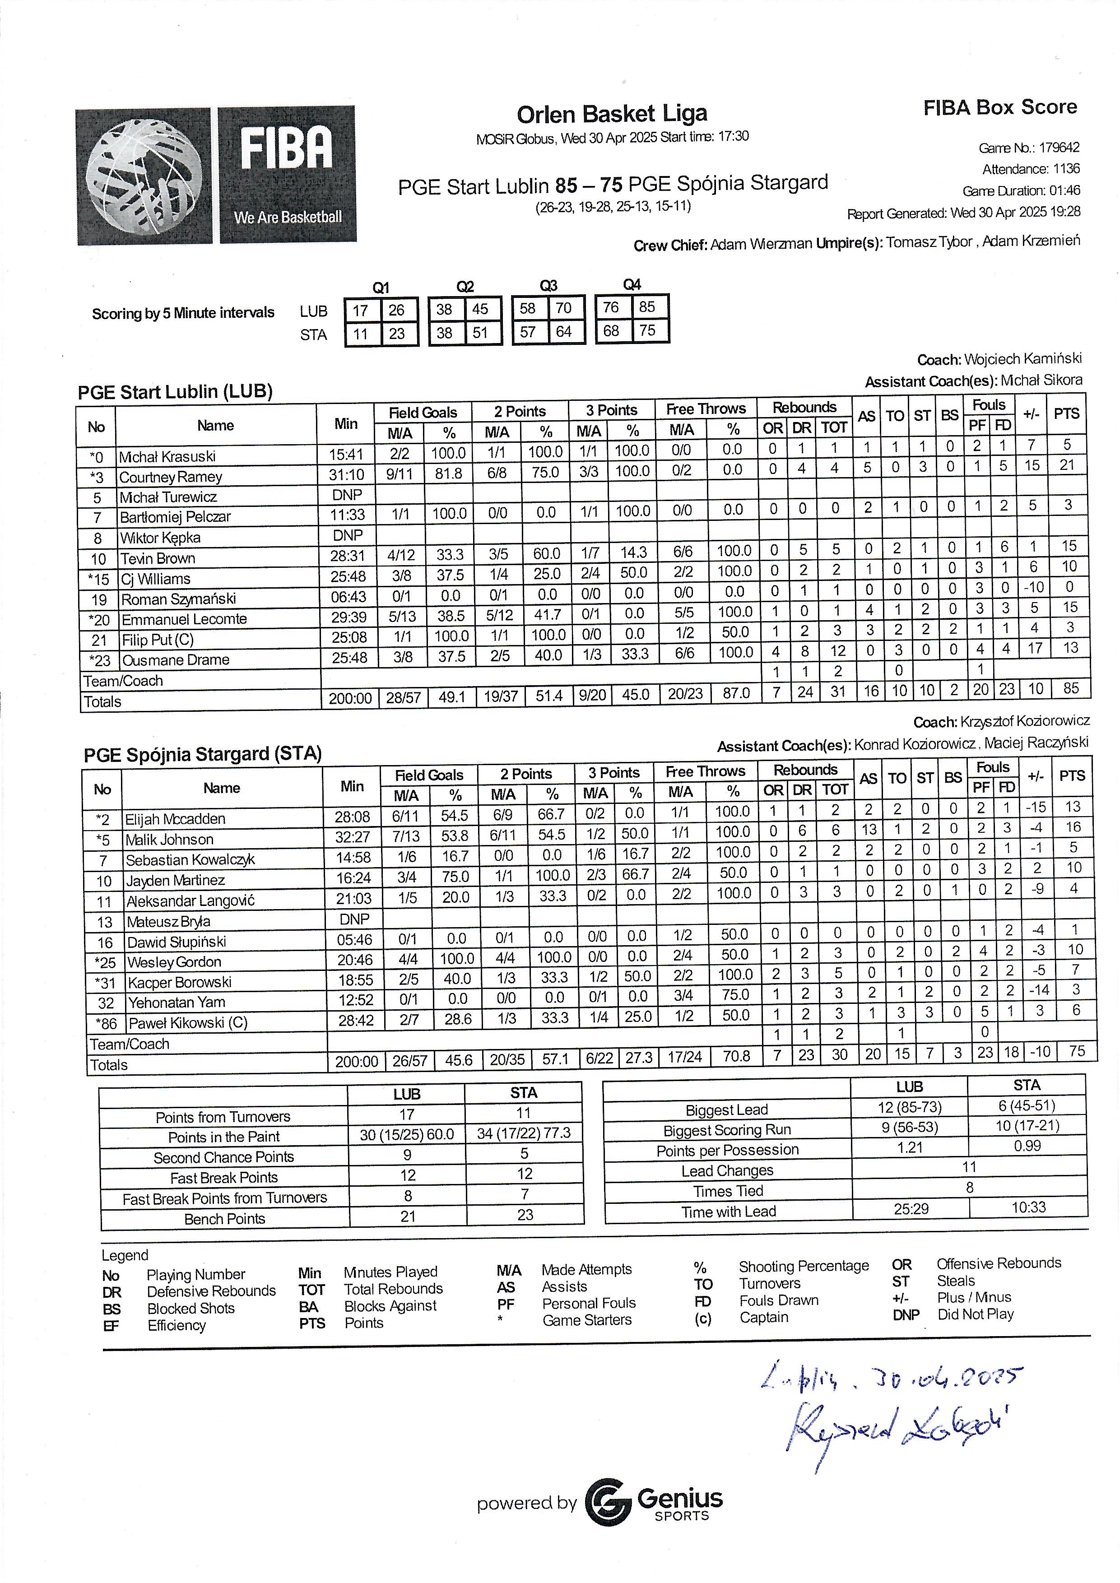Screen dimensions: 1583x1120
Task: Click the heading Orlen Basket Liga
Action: point(612,114)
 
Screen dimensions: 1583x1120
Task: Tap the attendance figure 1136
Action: point(1066,169)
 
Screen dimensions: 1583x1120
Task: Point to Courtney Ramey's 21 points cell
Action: point(1067,465)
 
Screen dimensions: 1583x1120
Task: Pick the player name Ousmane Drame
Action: point(176,660)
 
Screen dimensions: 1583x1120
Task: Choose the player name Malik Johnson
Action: point(170,840)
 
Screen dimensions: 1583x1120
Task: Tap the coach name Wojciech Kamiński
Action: point(1023,358)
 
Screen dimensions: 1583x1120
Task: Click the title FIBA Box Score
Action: point(999,107)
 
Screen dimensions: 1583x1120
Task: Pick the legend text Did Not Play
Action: point(975,1314)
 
